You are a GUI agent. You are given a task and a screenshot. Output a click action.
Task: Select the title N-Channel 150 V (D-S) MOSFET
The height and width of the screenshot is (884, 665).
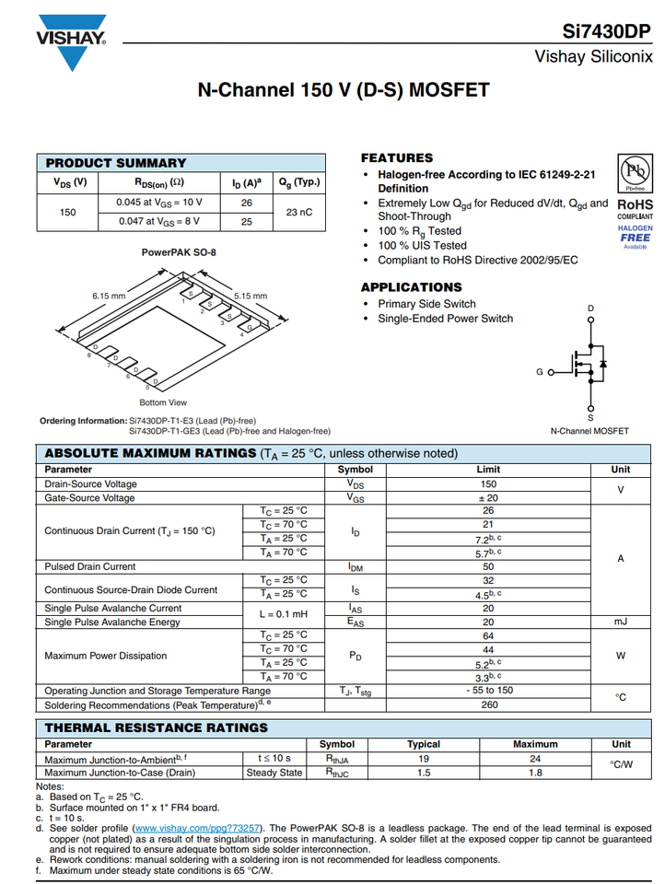pos(344,90)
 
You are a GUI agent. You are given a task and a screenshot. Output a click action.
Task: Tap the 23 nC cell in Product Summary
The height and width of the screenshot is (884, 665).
pos(299,212)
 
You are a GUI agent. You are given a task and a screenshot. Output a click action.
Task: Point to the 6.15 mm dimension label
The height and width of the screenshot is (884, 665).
pos(109,296)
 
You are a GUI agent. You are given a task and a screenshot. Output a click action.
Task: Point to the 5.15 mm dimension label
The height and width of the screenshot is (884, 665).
pos(250,296)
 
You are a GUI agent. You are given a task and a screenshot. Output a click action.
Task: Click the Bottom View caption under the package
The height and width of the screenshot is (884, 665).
pos(163,402)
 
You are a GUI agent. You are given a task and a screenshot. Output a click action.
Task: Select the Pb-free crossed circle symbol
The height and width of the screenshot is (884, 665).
pos(635,173)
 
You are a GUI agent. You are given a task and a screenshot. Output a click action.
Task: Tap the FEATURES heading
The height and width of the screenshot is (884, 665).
pos(396,158)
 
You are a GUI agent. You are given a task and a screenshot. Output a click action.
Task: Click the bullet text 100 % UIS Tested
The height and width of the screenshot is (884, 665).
pos(422,246)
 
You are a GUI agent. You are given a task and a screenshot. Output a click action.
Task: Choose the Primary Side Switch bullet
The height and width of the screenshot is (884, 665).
pos(426,304)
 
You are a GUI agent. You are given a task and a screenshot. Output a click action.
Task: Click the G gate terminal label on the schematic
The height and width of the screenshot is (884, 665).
pos(540,372)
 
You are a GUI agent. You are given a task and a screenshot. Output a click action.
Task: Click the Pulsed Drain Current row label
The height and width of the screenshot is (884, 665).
pos(90,566)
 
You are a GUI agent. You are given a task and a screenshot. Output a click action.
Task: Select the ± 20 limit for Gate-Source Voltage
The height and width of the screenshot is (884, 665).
pos(488,497)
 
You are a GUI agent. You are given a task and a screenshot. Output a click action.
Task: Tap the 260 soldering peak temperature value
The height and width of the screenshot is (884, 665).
pos(488,704)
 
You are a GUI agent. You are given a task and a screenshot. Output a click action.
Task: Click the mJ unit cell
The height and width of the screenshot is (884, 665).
pos(621,622)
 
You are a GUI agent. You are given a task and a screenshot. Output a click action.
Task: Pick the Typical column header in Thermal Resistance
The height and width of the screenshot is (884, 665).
pos(424,744)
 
